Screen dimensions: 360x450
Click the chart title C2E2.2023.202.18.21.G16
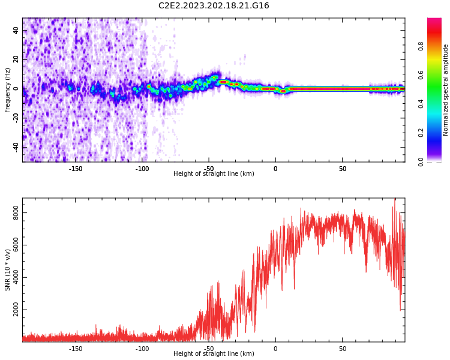(214, 5)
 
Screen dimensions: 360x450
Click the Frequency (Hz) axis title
(8, 90)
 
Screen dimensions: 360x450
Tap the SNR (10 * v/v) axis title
(8, 270)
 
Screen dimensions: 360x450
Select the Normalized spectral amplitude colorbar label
(446, 90)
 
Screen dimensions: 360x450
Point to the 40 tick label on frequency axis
(16, 31)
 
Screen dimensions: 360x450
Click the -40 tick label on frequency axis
(16, 146)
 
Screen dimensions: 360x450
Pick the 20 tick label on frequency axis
(16, 59)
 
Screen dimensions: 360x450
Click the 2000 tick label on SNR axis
(16, 310)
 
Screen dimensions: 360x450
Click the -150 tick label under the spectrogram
(76, 169)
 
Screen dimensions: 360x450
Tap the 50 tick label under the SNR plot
(342, 349)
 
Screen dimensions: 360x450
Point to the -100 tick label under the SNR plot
(142, 349)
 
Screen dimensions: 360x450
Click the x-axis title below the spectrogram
(214, 174)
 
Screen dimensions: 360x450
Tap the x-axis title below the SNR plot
(214, 354)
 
